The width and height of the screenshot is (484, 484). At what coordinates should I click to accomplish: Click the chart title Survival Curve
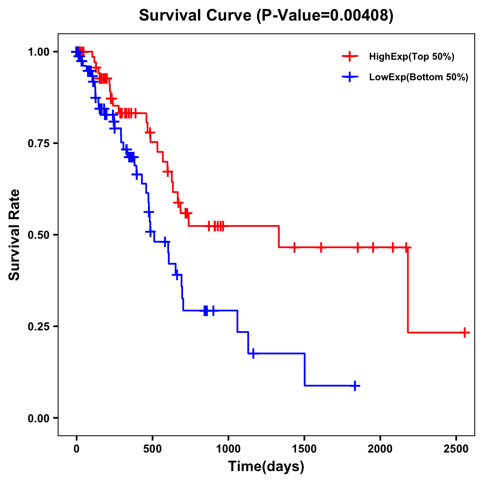pos(266,16)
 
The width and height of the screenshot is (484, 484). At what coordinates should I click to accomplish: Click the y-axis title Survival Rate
pos(15,234)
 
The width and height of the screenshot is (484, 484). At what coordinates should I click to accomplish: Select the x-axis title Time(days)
pos(266,467)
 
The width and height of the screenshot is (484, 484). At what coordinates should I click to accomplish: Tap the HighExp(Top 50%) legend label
pos(411,57)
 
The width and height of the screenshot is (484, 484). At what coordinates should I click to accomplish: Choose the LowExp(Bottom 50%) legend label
pos(419,77)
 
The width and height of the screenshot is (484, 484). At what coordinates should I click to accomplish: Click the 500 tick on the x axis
pos(152,448)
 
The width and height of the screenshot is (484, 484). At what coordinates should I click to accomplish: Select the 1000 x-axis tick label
pos(228,448)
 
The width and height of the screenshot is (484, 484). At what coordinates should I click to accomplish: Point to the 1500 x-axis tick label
pos(305,448)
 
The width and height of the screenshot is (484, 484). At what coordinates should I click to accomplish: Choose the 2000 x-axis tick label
pos(380,448)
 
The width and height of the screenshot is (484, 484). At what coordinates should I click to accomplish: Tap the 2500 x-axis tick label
pos(456,448)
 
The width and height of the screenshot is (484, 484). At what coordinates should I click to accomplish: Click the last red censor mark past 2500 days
pos(465,332)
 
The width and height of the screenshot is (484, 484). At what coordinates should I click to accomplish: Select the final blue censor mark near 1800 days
pos(355,386)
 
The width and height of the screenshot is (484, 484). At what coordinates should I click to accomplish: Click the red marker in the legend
pos(350,57)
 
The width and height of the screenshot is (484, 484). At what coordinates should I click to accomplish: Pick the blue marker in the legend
pos(350,77)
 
